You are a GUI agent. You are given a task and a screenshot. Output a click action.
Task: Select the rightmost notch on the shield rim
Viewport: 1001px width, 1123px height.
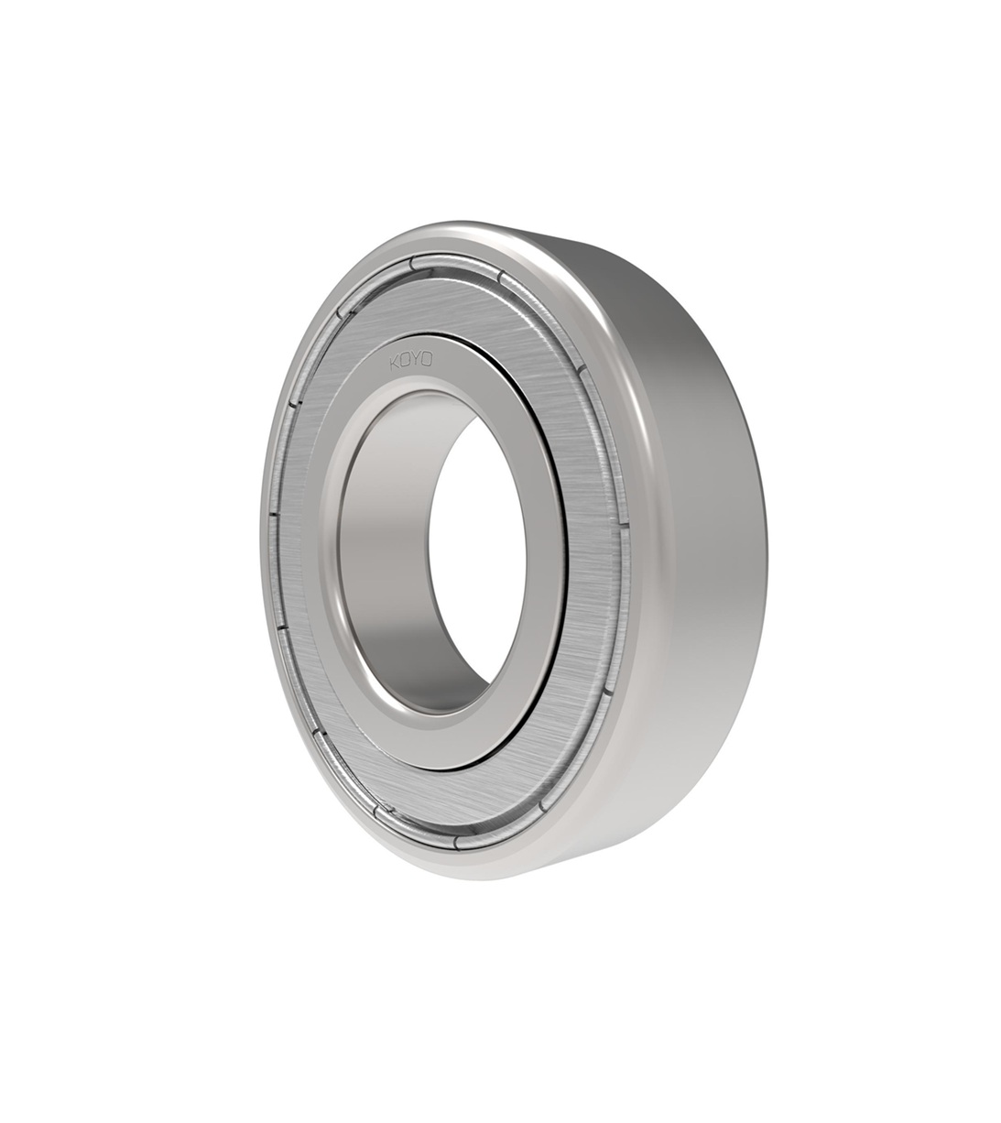point(626,524)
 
